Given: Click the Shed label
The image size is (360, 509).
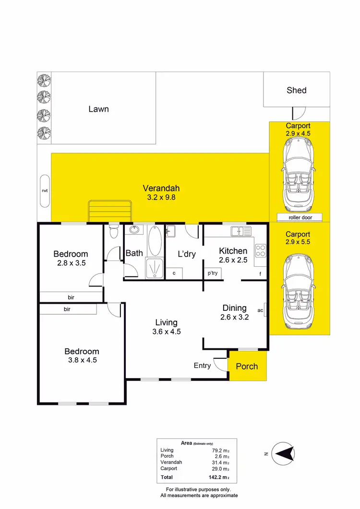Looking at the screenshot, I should [x=296, y=90].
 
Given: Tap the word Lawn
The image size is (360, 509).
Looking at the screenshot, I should [x=98, y=109].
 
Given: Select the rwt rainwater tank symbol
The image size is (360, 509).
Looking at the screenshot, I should [x=45, y=190].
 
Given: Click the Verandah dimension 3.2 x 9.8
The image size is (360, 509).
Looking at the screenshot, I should [x=160, y=196].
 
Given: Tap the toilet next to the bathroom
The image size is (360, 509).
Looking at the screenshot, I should [x=113, y=232].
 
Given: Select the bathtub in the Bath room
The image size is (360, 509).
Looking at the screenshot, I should [x=155, y=241].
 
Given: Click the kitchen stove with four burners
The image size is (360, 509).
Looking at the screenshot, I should [x=261, y=250].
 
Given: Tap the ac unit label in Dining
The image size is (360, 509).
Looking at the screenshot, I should [x=260, y=310].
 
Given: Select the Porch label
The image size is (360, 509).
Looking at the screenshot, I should [x=247, y=367].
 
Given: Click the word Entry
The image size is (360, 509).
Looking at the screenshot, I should [x=202, y=366].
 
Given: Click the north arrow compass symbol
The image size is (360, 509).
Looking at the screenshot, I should [x=283, y=453].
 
